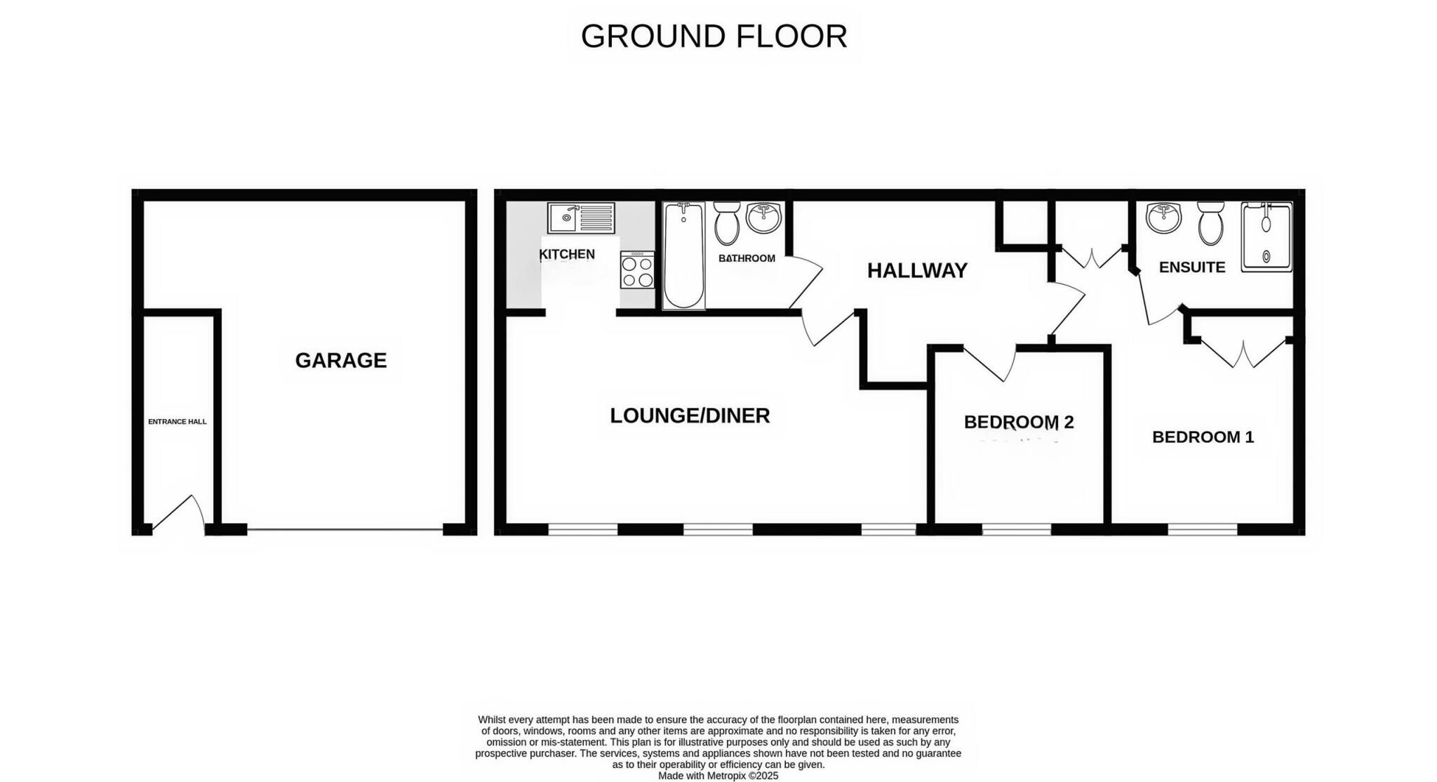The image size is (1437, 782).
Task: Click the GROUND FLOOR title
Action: pos(714,37)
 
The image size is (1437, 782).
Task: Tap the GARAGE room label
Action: pos(341,360)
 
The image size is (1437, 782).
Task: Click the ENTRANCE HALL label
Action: pos(177,422)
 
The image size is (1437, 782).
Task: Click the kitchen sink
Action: pos(581,218)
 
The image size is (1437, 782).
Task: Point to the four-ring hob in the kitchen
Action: pos(637,270)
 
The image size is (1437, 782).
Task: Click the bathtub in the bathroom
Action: pos(683,256)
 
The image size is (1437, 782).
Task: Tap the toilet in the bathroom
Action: pos(726,223)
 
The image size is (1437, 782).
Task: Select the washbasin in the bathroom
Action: pos(763,218)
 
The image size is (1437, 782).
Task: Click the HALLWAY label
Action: pos(917,270)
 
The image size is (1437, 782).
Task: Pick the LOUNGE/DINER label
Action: pos(690,416)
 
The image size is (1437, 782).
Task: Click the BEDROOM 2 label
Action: pos(1018,422)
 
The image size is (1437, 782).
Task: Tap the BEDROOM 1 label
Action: pos(1203,437)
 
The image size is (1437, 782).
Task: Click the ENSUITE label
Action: pos(1191,267)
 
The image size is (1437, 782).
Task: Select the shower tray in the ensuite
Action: pos(1266,237)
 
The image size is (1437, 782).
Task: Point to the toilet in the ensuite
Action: pos(1210,223)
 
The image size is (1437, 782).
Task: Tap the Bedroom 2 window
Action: pos(1017,529)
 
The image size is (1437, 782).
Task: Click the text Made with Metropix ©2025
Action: pos(718,776)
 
